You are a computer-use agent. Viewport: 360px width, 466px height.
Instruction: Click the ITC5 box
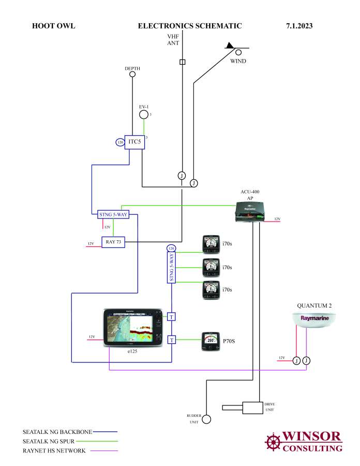pyautogui.click(x=134, y=141)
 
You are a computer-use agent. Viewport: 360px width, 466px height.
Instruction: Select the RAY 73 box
pyautogui.click(x=113, y=242)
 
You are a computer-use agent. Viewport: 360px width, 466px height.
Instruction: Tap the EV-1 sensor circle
pyautogui.click(x=144, y=114)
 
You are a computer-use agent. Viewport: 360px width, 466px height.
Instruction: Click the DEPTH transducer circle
pyautogui.click(x=132, y=75)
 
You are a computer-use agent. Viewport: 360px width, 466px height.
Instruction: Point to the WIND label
pyautogui.click(x=238, y=61)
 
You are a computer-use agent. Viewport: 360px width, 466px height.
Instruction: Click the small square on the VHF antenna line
pyautogui.click(x=182, y=62)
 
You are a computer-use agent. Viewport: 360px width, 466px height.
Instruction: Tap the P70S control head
pyautogui.click(x=211, y=341)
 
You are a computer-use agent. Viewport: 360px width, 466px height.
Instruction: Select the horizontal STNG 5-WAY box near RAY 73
pyautogui.click(x=113, y=214)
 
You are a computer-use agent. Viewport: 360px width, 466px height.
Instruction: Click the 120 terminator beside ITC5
pyautogui.click(x=119, y=142)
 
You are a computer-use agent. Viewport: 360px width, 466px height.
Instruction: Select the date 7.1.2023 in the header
pyautogui.click(x=299, y=25)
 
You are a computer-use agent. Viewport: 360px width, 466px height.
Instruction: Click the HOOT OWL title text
pyautogui.click(x=53, y=25)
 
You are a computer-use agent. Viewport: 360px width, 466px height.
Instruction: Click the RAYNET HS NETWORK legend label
pyautogui.click(x=54, y=450)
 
